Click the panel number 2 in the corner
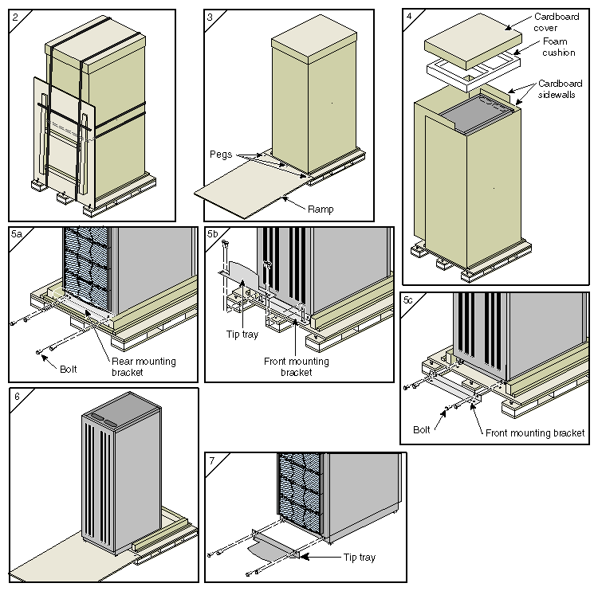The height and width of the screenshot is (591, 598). point(15,16)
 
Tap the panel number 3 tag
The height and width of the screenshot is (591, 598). point(210,16)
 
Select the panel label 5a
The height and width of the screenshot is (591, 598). point(17,234)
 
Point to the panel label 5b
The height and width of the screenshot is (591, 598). point(213,234)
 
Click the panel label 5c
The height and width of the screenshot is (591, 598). point(408,300)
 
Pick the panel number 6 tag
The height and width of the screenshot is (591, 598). point(16,396)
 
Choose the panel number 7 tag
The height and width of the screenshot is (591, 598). point(211,460)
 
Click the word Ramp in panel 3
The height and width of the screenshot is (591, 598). point(321,209)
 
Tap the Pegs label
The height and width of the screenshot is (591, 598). point(221,153)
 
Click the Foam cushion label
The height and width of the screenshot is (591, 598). point(560,47)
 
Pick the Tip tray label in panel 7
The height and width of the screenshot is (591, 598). point(359,558)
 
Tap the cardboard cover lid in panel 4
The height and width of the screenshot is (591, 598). point(470,36)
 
